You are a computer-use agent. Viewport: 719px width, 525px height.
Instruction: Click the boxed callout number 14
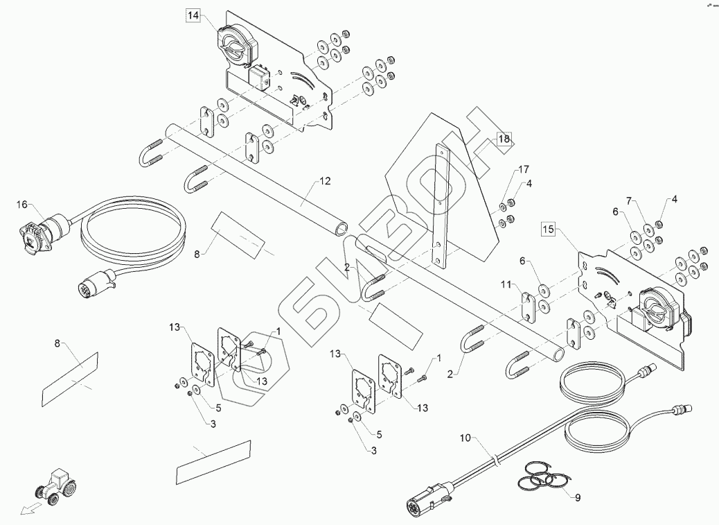[193, 14]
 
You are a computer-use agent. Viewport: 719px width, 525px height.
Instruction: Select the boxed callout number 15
[548, 230]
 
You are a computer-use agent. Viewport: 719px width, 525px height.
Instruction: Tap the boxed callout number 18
[504, 139]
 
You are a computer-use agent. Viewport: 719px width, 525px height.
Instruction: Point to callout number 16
[22, 205]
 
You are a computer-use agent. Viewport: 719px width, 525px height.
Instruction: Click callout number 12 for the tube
[325, 180]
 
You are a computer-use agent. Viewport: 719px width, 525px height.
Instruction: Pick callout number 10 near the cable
[465, 438]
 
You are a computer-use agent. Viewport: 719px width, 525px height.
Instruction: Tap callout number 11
[506, 284]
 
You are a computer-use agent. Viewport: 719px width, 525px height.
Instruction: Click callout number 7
[630, 201]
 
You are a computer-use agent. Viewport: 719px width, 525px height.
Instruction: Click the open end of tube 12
[339, 227]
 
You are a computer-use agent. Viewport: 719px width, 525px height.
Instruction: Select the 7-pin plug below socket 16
[94, 284]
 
